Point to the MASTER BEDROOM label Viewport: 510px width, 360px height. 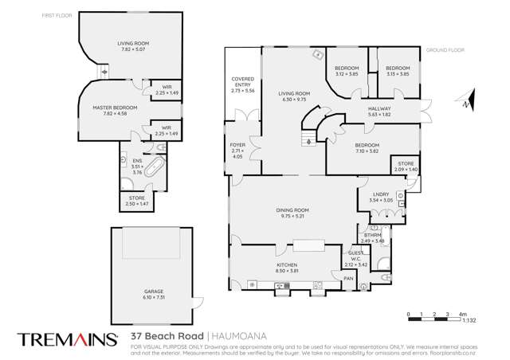(x=115, y=108)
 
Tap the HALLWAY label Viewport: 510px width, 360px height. (x=379, y=109)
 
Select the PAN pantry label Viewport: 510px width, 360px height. (x=347, y=279)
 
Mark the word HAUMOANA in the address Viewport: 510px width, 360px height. (x=245, y=338)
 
